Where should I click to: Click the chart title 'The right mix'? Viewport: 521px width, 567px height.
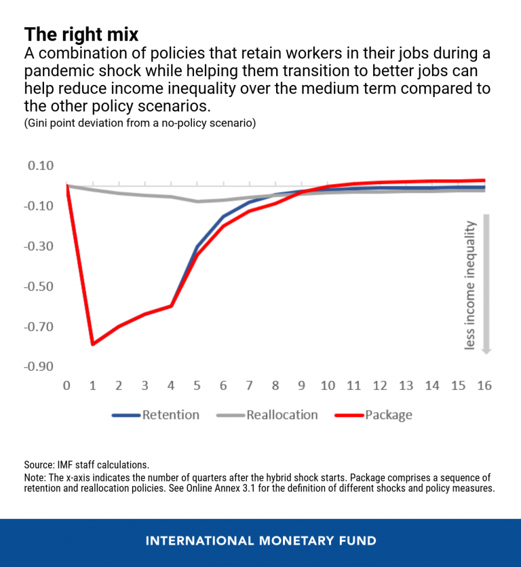point(81,35)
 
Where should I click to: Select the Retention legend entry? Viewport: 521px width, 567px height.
point(170,415)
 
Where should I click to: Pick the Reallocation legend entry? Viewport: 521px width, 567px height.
point(282,415)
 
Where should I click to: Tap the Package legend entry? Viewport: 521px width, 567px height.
point(388,415)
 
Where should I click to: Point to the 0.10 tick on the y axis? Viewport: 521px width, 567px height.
point(39,166)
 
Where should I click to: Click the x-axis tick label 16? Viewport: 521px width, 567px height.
point(484,386)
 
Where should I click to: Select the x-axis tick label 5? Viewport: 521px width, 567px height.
point(197,386)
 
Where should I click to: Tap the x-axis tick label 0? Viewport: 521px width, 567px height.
point(66,386)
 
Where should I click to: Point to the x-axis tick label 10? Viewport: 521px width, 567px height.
point(328,386)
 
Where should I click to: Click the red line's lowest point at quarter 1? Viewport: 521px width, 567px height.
point(93,344)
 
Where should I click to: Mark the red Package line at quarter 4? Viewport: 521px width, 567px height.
point(171,306)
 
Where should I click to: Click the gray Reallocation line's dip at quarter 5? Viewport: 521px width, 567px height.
point(197,201)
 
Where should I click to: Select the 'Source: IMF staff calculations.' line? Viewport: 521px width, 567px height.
point(86,465)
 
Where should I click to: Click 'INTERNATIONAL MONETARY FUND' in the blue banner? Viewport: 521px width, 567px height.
point(260,541)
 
